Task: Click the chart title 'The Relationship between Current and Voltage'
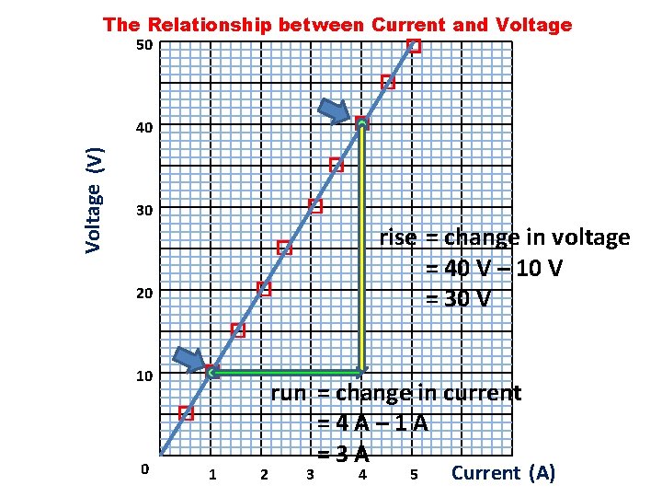337,25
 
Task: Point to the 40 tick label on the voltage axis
143,128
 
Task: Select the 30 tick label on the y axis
143,212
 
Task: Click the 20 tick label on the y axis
143,294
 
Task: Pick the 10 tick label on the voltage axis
143,376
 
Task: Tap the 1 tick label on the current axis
212,475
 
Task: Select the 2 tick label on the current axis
264,475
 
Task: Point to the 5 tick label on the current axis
414,475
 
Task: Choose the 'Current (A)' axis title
504,473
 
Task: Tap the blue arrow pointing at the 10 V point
192,359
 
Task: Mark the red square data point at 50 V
414,46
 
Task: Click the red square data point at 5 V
186,413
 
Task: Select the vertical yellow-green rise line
363,248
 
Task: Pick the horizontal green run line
287,373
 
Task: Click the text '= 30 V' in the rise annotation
457,299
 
